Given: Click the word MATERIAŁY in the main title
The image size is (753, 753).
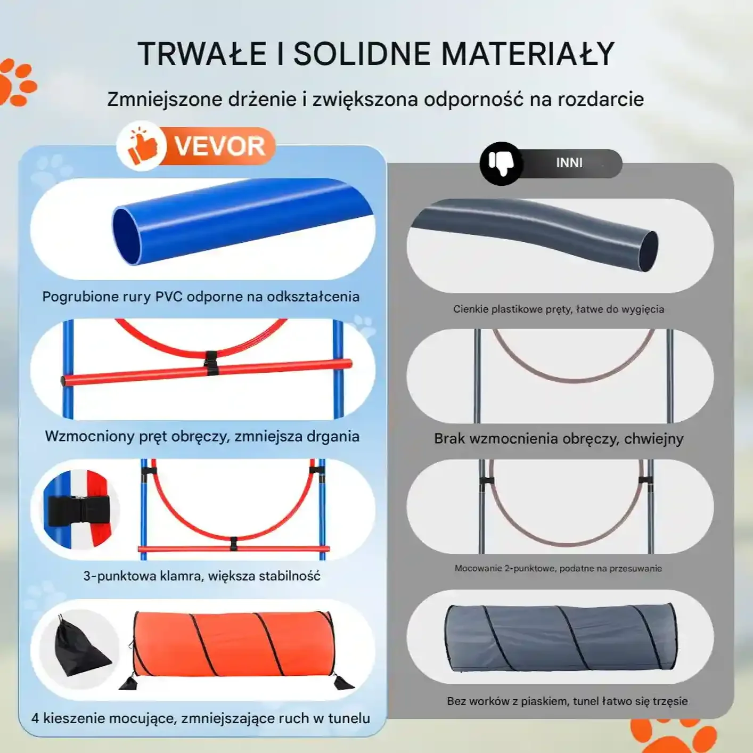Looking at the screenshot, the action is [528, 54].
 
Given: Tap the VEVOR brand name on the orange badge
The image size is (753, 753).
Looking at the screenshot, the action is [220, 146].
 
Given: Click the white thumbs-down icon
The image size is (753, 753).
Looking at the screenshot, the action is [501, 163].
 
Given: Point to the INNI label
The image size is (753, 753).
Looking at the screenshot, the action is [569, 162].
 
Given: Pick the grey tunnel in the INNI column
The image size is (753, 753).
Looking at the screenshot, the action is [561, 637].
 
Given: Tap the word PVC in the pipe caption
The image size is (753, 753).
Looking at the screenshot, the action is [169, 297].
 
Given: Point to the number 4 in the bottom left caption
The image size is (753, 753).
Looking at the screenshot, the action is [35, 718].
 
